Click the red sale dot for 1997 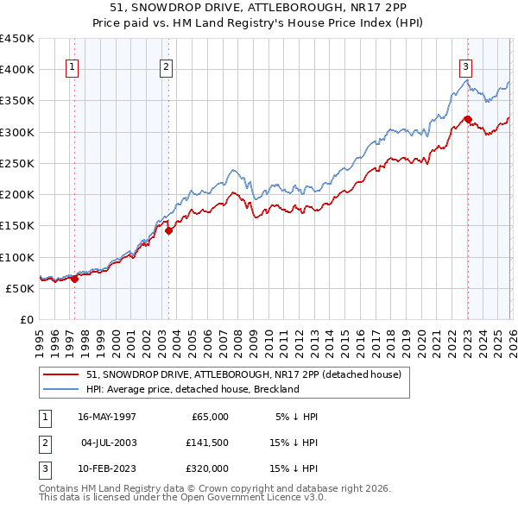pos(75,279)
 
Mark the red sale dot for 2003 pos(168,230)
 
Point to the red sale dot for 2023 pos(468,119)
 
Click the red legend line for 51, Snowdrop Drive pos(62,375)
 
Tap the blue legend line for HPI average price pos(62,389)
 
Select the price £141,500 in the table pos(207,443)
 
